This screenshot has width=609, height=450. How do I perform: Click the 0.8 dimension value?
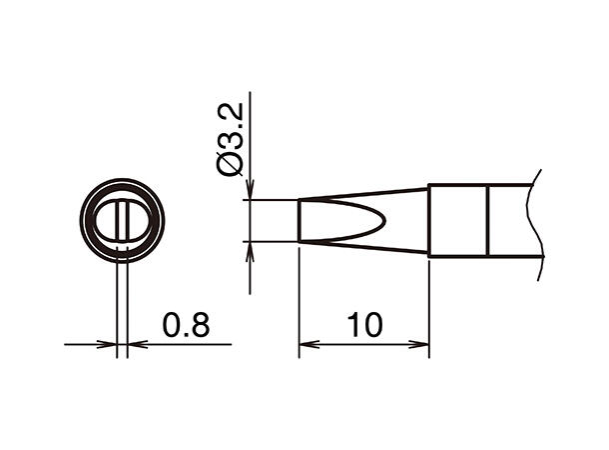(185, 325)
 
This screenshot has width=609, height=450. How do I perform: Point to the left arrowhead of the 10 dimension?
(306, 345)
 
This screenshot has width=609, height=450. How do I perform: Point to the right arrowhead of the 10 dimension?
(421, 345)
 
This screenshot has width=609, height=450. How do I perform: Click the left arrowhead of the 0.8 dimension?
(109, 345)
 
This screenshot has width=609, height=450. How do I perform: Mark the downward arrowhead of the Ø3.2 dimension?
(250, 192)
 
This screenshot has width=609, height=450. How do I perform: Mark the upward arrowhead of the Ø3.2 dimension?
(250, 249)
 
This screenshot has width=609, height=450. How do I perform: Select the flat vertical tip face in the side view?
(300, 221)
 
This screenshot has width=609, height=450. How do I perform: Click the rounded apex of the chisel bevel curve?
(383, 221)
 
